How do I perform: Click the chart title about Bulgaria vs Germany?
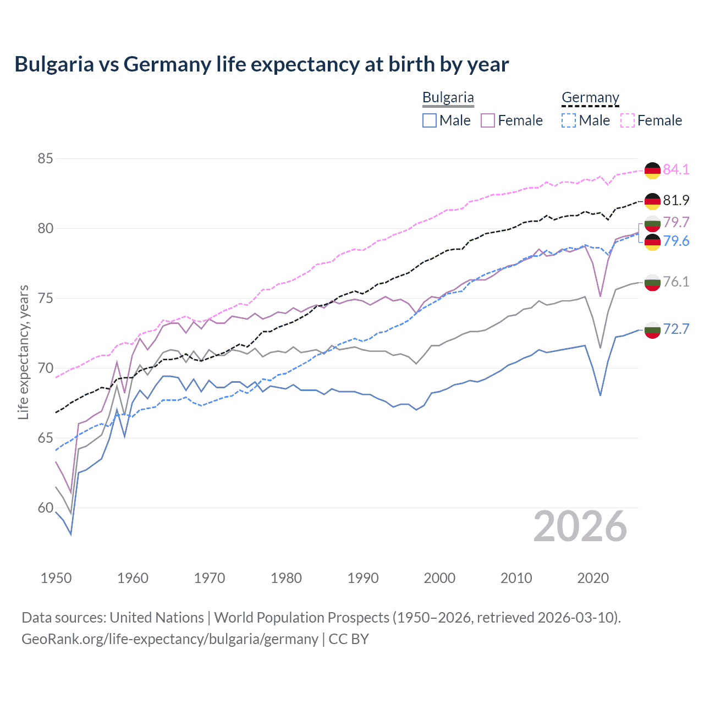coord(262,64)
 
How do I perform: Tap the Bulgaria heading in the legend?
coord(448,97)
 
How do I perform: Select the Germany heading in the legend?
coord(590,97)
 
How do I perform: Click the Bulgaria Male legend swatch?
coord(430,120)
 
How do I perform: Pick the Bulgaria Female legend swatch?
coord(488,120)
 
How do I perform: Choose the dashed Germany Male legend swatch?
coord(569,120)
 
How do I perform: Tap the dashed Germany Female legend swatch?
coord(628,120)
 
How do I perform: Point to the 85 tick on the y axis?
coord(45,159)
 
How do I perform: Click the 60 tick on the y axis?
coord(45,508)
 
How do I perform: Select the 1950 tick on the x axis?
coord(56,578)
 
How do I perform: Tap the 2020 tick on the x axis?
coord(593,578)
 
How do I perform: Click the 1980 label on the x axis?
coord(286,578)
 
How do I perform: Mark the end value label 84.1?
coord(676,169)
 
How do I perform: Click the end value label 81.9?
coord(676,200)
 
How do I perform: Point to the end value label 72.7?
coord(676,329)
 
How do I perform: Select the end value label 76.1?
coord(676,282)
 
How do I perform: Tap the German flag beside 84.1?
coord(652,170)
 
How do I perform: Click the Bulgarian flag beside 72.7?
coord(652,330)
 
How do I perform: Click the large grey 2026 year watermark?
coord(580,526)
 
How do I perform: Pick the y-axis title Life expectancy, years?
coord(24,352)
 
